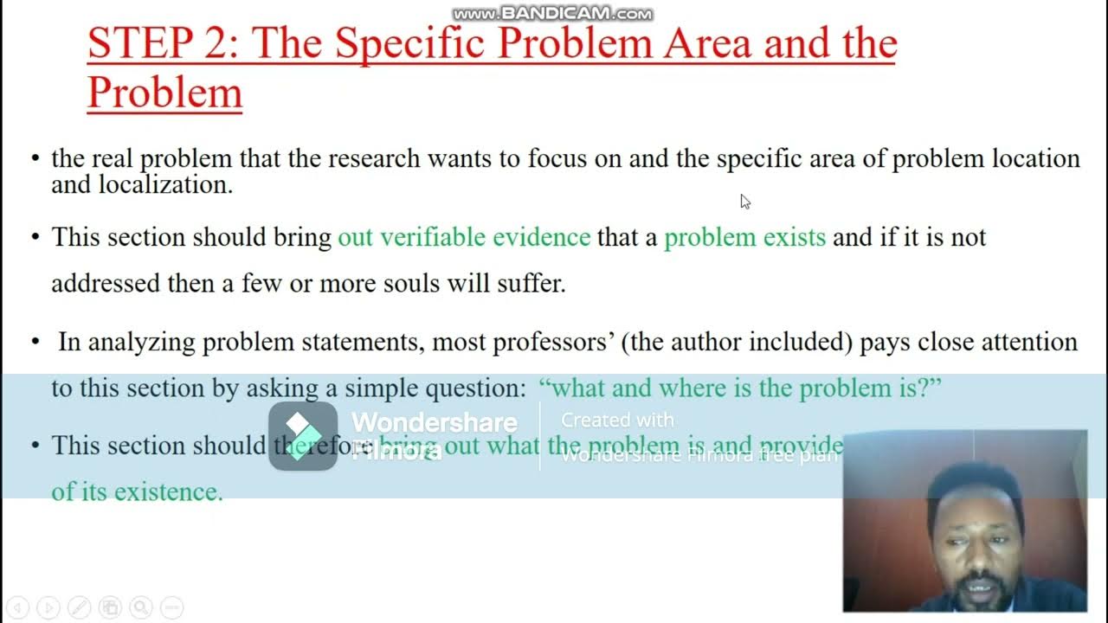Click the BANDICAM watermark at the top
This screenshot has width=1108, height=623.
pyautogui.click(x=553, y=13)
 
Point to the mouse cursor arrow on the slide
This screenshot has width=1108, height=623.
pyautogui.click(x=744, y=201)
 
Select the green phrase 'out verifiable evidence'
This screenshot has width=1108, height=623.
pyautogui.click(x=464, y=237)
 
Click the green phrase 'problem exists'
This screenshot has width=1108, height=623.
pyautogui.click(x=744, y=237)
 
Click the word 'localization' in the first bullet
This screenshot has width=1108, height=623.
pyautogui.click(x=165, y=184)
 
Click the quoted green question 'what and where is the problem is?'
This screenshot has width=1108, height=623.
pyautogui.click(x=740, y=388)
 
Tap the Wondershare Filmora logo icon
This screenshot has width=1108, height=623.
pyautogui.click(x=302, y=436)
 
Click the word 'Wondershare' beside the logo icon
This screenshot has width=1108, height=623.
pyautogui.click(x=434, y=422)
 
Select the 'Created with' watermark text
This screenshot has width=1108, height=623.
pyautogui.click(x=617, y=420)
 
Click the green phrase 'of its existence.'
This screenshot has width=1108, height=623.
pyautogui.click(x=137, y=491)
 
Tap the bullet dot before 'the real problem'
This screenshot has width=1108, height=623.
pyautogui.click(x=35, y=159)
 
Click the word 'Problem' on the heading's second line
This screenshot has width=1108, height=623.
pyautogui.click(x=164, y=93)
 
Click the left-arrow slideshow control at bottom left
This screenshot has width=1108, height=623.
pyautogui.click(x=19, y=607)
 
